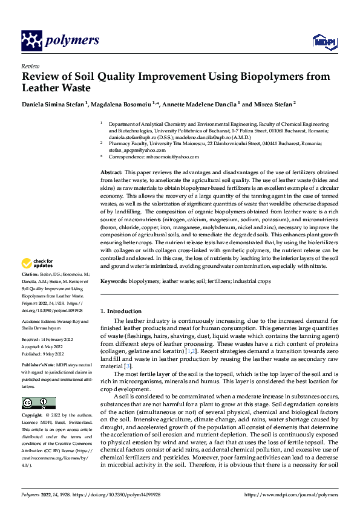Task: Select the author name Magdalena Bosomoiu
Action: (x=122, y=104)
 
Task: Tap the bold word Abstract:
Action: (x=111, y=173)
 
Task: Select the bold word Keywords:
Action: (x=114, y=282)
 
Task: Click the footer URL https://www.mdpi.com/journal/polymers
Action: (x=292, y=494)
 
